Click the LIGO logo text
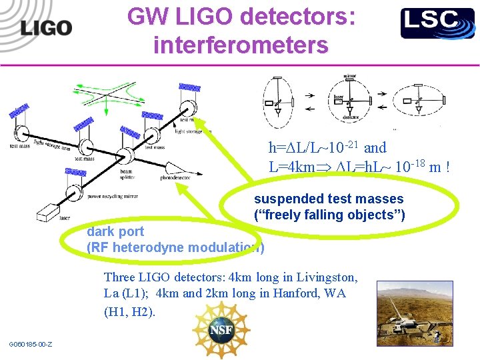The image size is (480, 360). click(45, 28)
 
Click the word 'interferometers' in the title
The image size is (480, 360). click(241, 45)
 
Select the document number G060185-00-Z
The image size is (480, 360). click(31, 344)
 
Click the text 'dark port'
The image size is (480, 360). click(115, 232)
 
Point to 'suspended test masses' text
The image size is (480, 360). click(329, 199)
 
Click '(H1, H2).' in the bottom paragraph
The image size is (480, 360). click(130, 311)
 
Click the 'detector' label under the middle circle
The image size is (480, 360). click(351, 117)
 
